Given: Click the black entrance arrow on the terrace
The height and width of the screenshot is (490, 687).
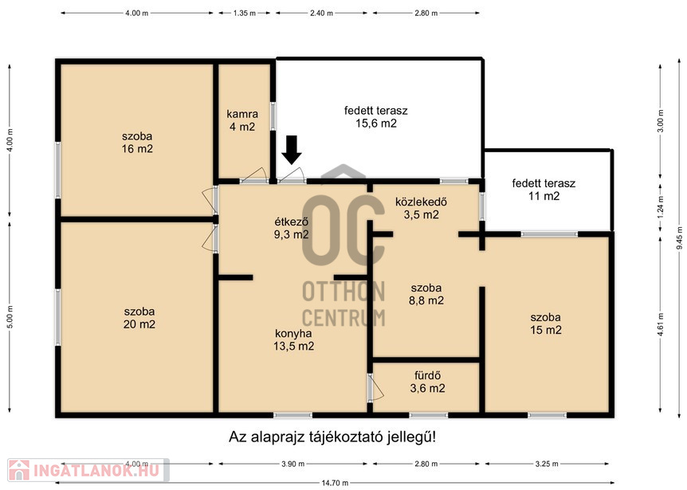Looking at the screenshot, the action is click(x=292, y=150).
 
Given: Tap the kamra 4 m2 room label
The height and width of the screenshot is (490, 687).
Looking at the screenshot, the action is click(x=242, y=120).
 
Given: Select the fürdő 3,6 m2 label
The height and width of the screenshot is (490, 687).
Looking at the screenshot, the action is click(x=428, y=382).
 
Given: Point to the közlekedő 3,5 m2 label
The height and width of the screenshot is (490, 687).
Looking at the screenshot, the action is click(x=421, y=208).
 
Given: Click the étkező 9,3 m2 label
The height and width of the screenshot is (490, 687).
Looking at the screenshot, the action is click(x=292, y=228).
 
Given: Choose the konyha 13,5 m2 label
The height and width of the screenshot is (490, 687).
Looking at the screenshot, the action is click(x=293, y=339).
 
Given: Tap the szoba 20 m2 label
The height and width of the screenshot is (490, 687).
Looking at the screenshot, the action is click(x=139, y=318).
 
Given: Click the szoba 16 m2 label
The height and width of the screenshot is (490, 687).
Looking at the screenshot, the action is click(x=137, y=143).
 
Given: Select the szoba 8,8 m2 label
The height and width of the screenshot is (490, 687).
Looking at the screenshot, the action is click(x=426, y=294).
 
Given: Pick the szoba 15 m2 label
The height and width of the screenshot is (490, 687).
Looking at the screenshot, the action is click(x=545, y=323).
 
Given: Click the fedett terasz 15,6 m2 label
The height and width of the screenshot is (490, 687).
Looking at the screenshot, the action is click(x=376, y=117).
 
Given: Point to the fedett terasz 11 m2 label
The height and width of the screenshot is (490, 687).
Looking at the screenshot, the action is click(x=544, y=190).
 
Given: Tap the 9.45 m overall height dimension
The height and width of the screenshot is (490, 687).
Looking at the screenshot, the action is click(x=680, y=237).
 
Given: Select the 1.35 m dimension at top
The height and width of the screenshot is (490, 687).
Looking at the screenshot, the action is click(x=245, y=13).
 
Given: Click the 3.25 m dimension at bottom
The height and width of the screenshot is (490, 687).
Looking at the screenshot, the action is click(x=547, y=464).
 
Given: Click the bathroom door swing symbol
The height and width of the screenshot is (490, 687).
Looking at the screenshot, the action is click(x=375, y=387).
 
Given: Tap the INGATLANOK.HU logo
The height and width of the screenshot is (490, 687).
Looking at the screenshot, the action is click(x=88, y=470).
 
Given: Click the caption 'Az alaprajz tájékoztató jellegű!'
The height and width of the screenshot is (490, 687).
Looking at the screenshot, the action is click(x=332, y=437).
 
